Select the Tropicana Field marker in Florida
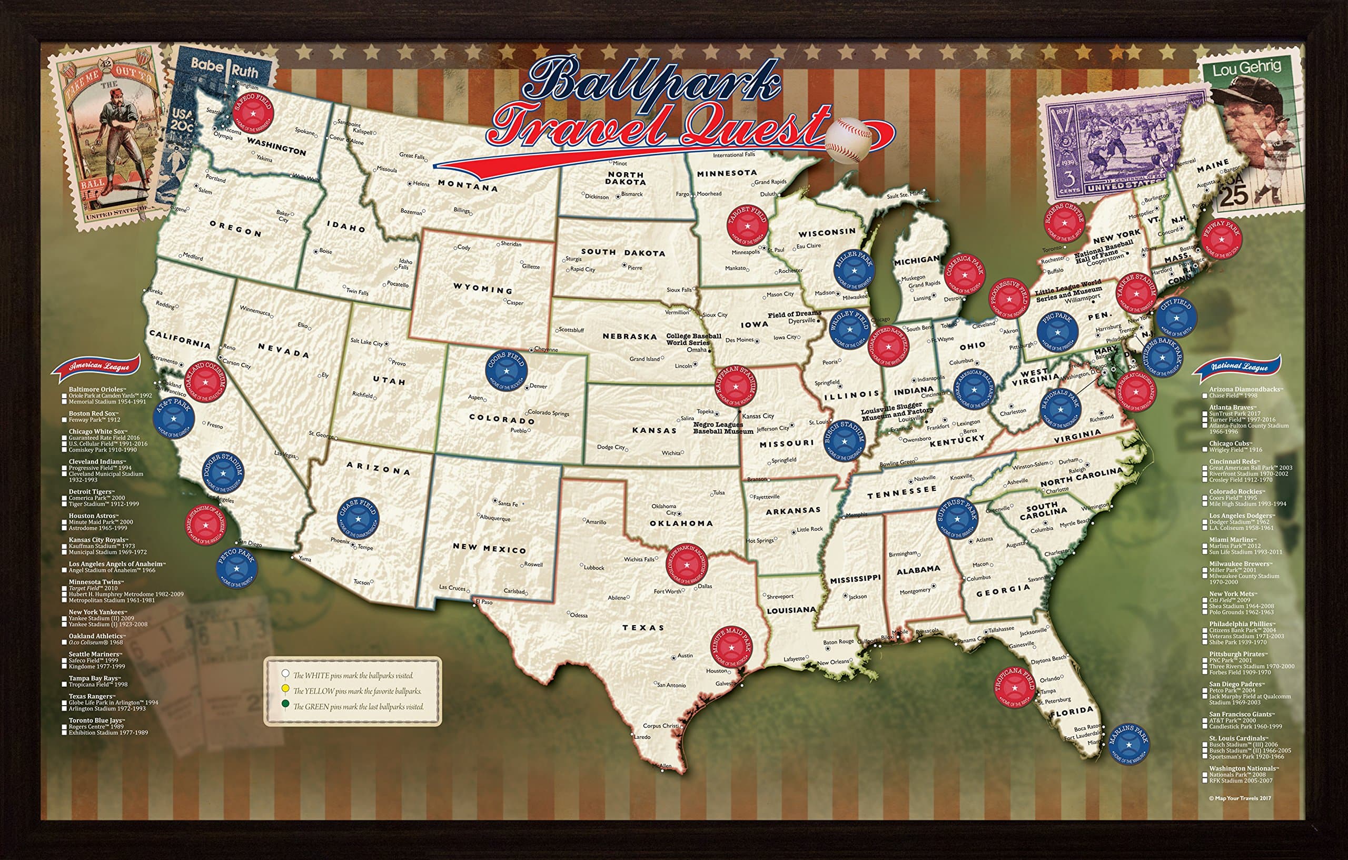click(x=1014, y=686)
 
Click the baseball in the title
click(x=848, y=140)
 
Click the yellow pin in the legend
click(x=286, y=689)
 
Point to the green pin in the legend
click(x=286, y=706)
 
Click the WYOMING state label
click(x=482, y=289)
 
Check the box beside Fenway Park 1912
click(x=64, y=420)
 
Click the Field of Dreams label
click(x=794, y=314)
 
